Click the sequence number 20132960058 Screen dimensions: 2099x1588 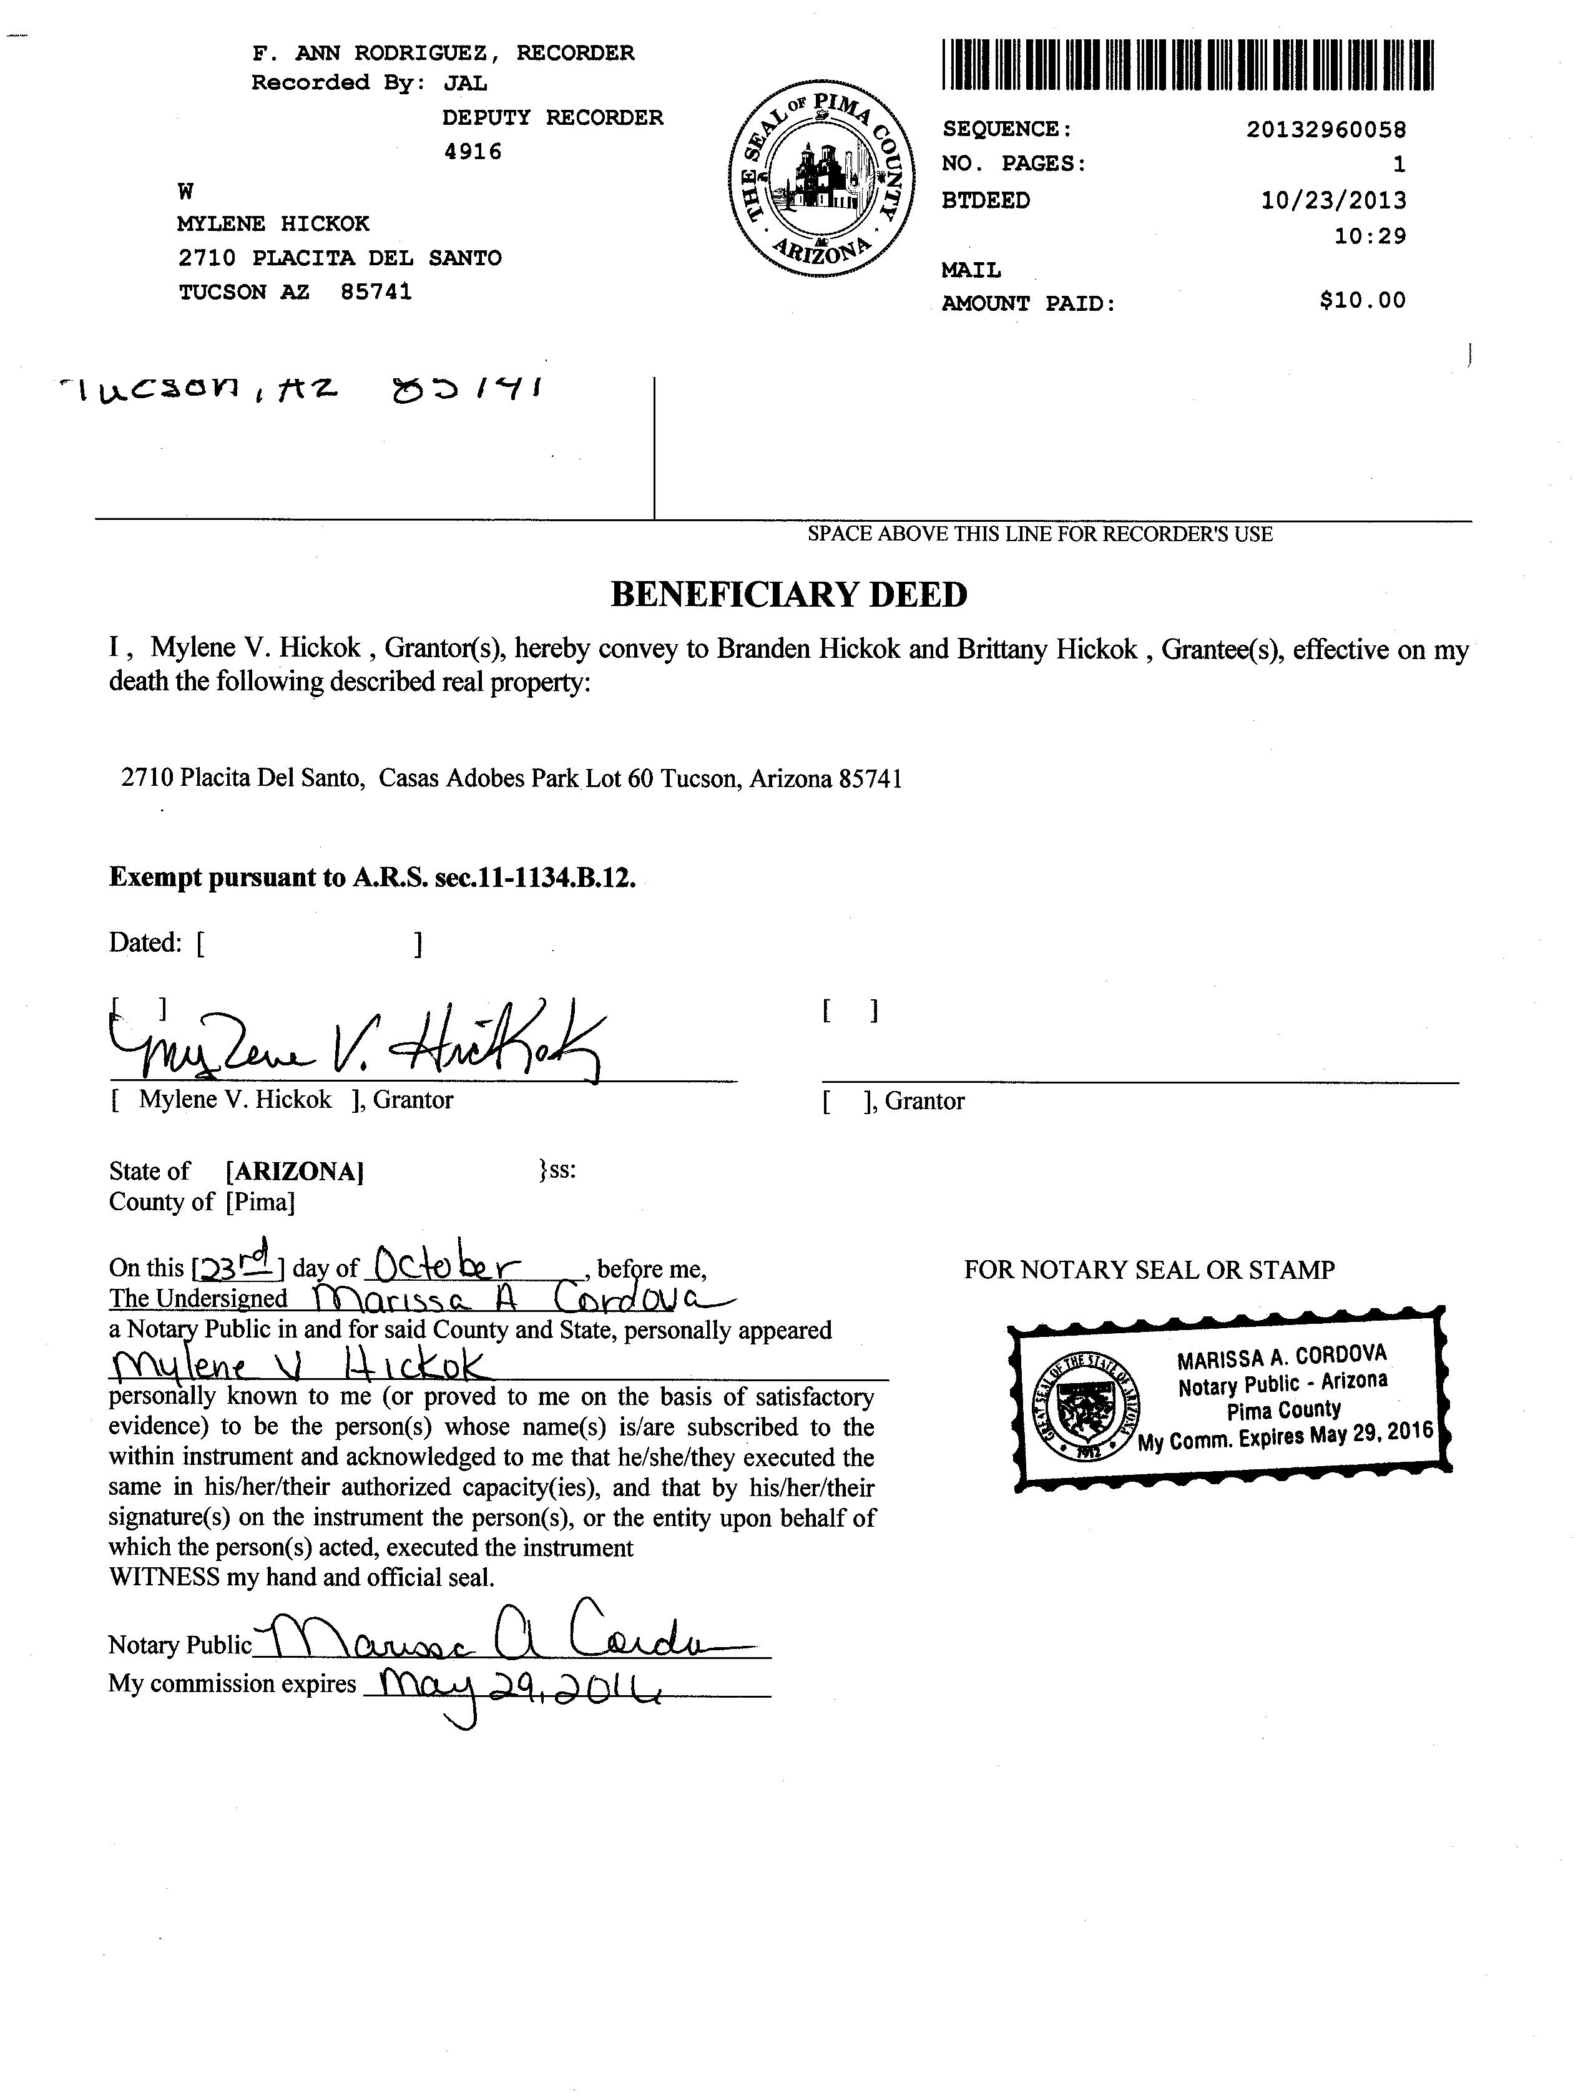tap(1325, 129)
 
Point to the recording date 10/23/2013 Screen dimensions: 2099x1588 tap(1333, 200)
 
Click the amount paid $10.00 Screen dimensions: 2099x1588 tap(1362, 301)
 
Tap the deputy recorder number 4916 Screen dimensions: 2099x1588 tap(473, 152)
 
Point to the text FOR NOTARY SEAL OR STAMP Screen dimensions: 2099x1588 tap(1149, 1270)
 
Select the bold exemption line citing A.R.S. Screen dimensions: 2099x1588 tap(372, 877)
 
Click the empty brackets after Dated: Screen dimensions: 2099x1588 tap(310, 943)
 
